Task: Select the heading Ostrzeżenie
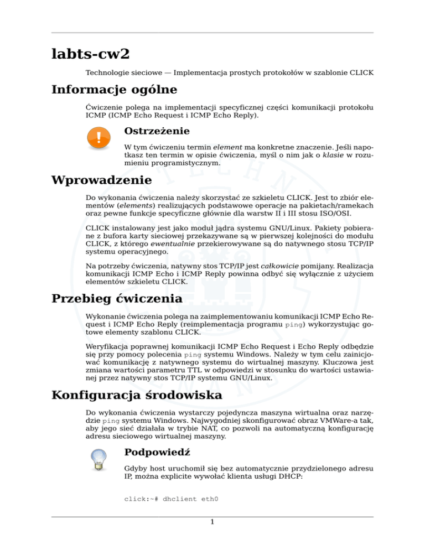click(x=157, y=131)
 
